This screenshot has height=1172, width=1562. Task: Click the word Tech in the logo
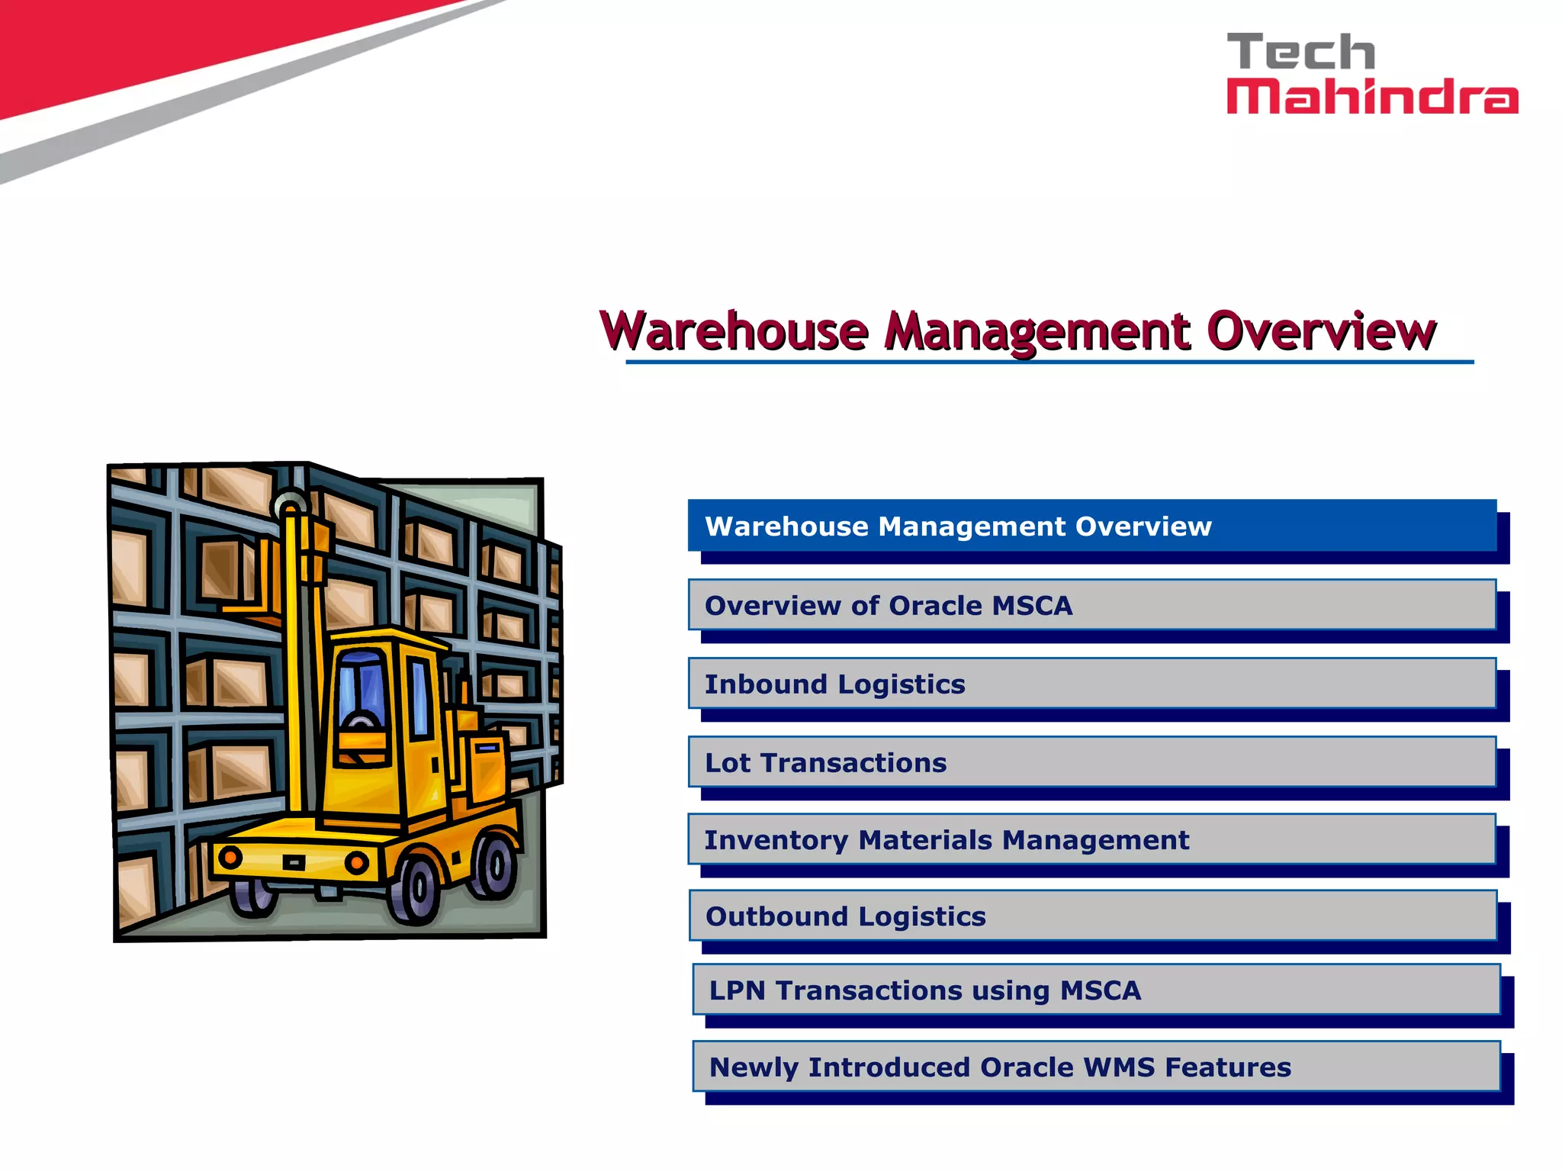tap(1300, 53)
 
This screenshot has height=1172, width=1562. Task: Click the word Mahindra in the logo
tap(1371, 98)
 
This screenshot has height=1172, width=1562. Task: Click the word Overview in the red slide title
tap(1321, 332)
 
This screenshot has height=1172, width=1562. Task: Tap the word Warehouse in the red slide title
tap(734, 332)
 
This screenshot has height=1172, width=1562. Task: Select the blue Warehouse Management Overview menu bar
tap(1091, 526)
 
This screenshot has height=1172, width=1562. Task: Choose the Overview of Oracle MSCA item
tap(1091, 605)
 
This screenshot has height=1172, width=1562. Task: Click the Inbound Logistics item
tap(1091, 684)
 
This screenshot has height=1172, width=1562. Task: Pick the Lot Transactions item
tap(1091, 762)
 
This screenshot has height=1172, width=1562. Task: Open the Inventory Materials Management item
tap(1091, 839)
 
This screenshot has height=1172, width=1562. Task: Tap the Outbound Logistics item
tap(1091, 916)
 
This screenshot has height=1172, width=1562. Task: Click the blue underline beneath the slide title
tap(1049, 362)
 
